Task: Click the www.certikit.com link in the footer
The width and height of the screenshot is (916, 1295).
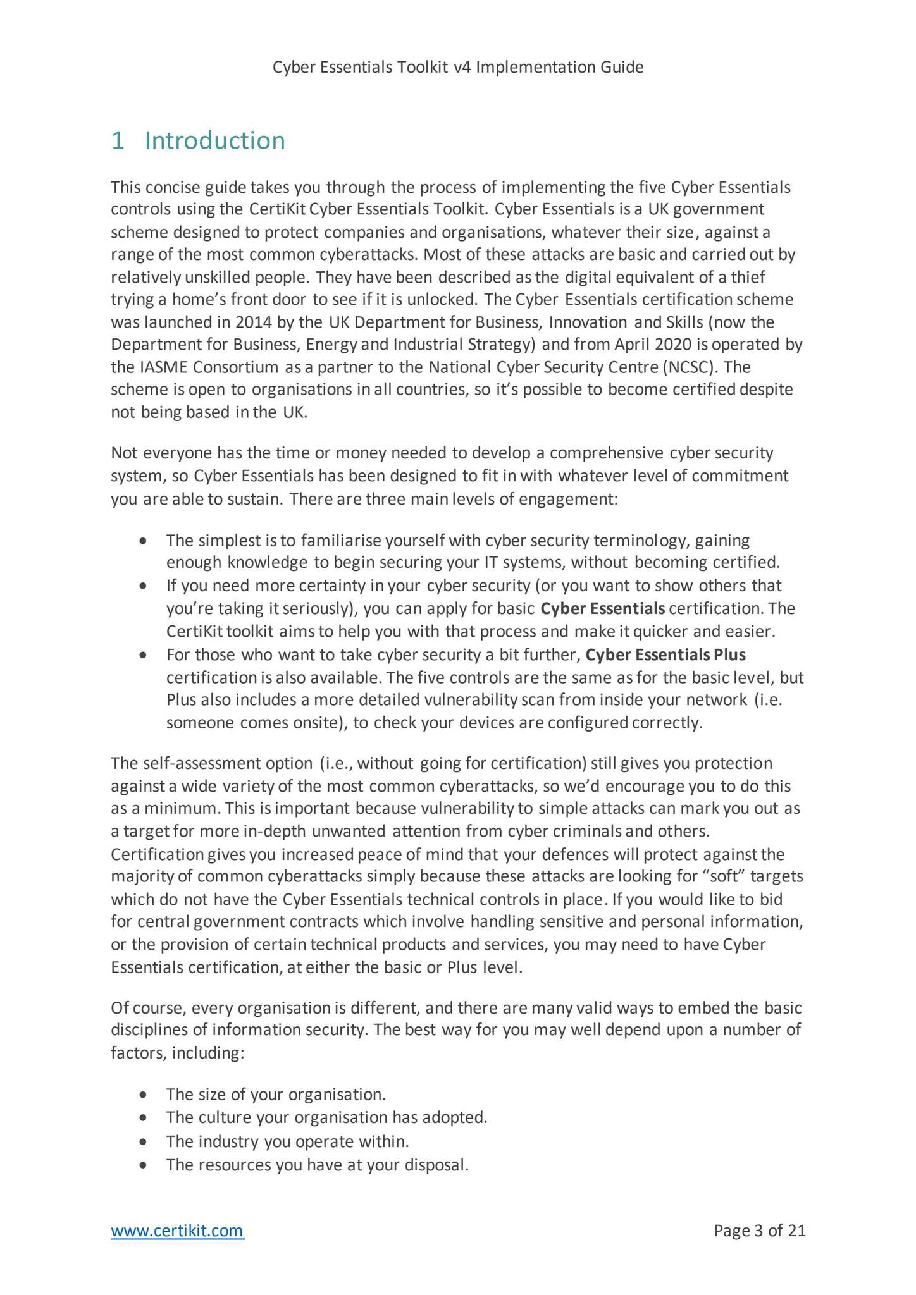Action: [177, 1231]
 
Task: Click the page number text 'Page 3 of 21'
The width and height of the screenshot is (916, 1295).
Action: [759, 1231]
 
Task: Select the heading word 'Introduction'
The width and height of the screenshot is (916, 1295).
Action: [215, 140]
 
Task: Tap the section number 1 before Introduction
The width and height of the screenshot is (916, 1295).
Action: [117, 140]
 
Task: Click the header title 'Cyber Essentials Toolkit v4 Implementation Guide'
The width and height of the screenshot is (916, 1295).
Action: [458, 67]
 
